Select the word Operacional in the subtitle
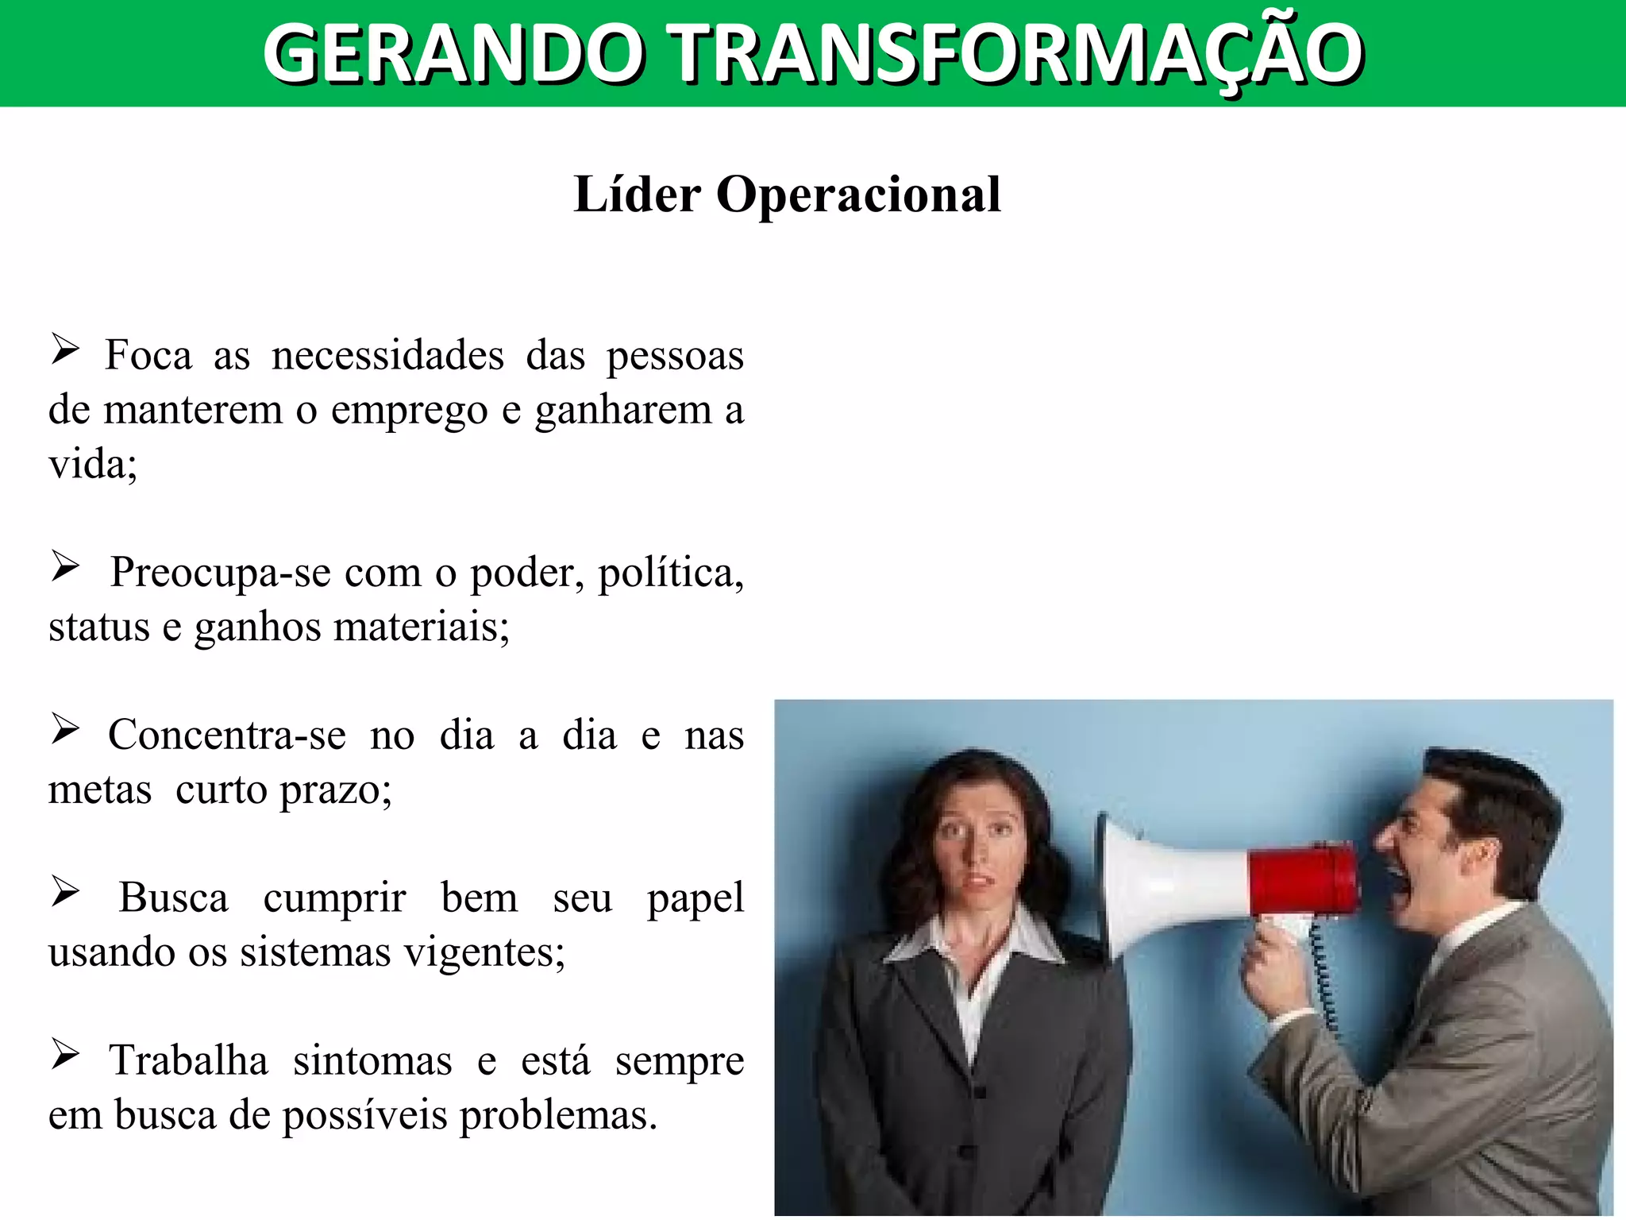click(858, 195)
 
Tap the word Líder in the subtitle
click(637, 195)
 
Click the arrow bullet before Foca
click(65, 349)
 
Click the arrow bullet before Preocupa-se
click(65, 566)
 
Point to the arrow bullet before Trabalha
click(65, 1055)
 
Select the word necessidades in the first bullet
click(387, 355)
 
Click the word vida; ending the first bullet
click(92, 464)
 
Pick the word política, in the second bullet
click(671, 573)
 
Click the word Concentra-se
click(227, 735)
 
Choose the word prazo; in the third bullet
click(337, 790)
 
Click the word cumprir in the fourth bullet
click(334, 898)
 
